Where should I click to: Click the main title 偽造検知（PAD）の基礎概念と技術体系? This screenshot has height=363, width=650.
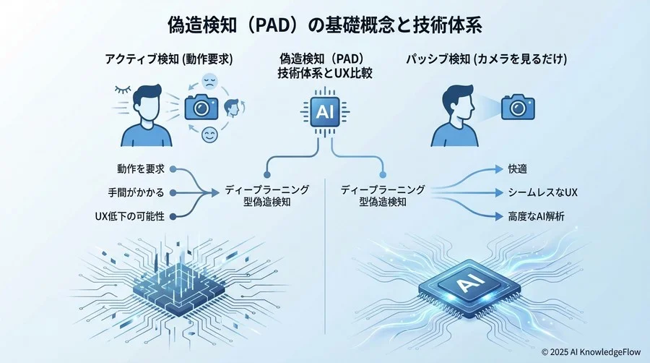pyautogui.click(x=324, y=24)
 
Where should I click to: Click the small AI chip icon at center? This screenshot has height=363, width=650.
pyautogui.click(x=324, y=112)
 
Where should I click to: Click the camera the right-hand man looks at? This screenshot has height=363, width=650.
pyautogui.click(x=517, y=107)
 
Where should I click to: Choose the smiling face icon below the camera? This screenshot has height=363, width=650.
pyautogui.click(x=210, y=134)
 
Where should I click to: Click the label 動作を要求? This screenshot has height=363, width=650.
pyautogui.click(x=141, y=169)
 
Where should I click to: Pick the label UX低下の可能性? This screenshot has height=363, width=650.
pyautogui.click(x=129, y=215)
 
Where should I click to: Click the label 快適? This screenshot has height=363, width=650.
pyautogui.click(x=517, y=169)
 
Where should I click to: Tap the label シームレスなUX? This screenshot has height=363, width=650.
pyautogui.click(x=542, y=192)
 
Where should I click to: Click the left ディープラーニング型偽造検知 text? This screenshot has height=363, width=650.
pyautogui.click(x=266, y=195)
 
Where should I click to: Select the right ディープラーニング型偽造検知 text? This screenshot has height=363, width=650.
pyautogui.click(x=383, y=195)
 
